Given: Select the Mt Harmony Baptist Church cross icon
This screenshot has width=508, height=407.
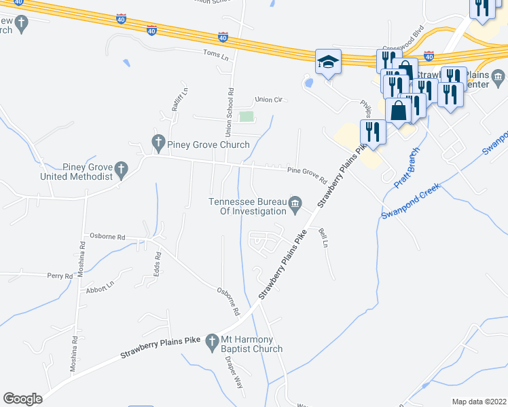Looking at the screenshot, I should click(x=213, y=339).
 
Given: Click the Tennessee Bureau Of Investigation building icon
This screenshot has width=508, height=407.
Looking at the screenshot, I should click(x=295, y=204).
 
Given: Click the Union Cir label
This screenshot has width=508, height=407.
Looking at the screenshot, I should click(x=268, y=99).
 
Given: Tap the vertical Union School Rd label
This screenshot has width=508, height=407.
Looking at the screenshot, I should click(x=230, y=109).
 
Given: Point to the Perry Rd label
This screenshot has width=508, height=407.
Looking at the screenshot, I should click(x=60, y=276).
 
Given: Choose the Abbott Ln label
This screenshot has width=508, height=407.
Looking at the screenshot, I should click(x=101, y=288).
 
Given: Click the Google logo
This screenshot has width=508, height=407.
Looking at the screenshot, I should click(x=22, y=399).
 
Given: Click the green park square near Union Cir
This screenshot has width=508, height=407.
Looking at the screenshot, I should click(x=247, y=117).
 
